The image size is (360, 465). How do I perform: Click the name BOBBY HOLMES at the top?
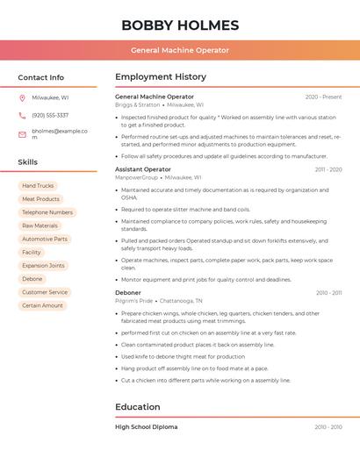point(180,25)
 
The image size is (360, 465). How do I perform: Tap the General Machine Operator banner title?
point(180,50)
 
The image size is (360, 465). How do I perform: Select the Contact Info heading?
point(41,77)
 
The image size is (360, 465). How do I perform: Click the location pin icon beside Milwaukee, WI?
point(22,97)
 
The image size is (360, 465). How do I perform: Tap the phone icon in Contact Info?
point(22,115)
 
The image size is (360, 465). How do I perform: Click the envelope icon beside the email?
point(22,134)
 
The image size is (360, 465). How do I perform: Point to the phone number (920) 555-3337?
point(50,115)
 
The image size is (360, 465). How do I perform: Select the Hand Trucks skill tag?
point(38,186)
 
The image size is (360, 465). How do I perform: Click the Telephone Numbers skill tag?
point(47,212)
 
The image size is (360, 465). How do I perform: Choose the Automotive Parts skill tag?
point(45,239)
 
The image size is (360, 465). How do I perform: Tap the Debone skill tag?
point(32,279)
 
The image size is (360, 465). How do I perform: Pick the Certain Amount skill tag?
point(42,305)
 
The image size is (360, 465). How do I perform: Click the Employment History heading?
point(161,77)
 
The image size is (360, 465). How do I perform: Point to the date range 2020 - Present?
point(323,97)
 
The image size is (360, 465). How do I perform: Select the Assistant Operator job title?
point(143,169)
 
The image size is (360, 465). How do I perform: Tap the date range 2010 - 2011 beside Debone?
point(328,293)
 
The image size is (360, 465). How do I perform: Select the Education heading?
point(138,407)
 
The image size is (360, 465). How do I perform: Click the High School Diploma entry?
point(147,427)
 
